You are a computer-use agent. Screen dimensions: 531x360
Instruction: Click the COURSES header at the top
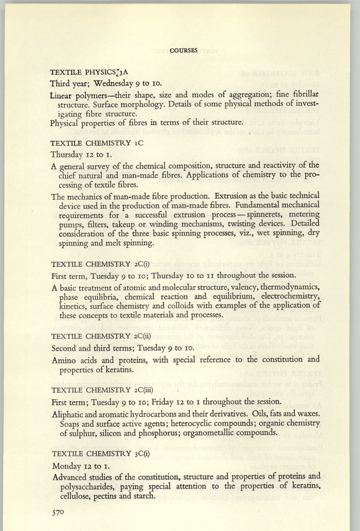(x=183, y=50)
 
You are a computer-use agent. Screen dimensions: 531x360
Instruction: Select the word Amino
(x=66, y=359)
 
